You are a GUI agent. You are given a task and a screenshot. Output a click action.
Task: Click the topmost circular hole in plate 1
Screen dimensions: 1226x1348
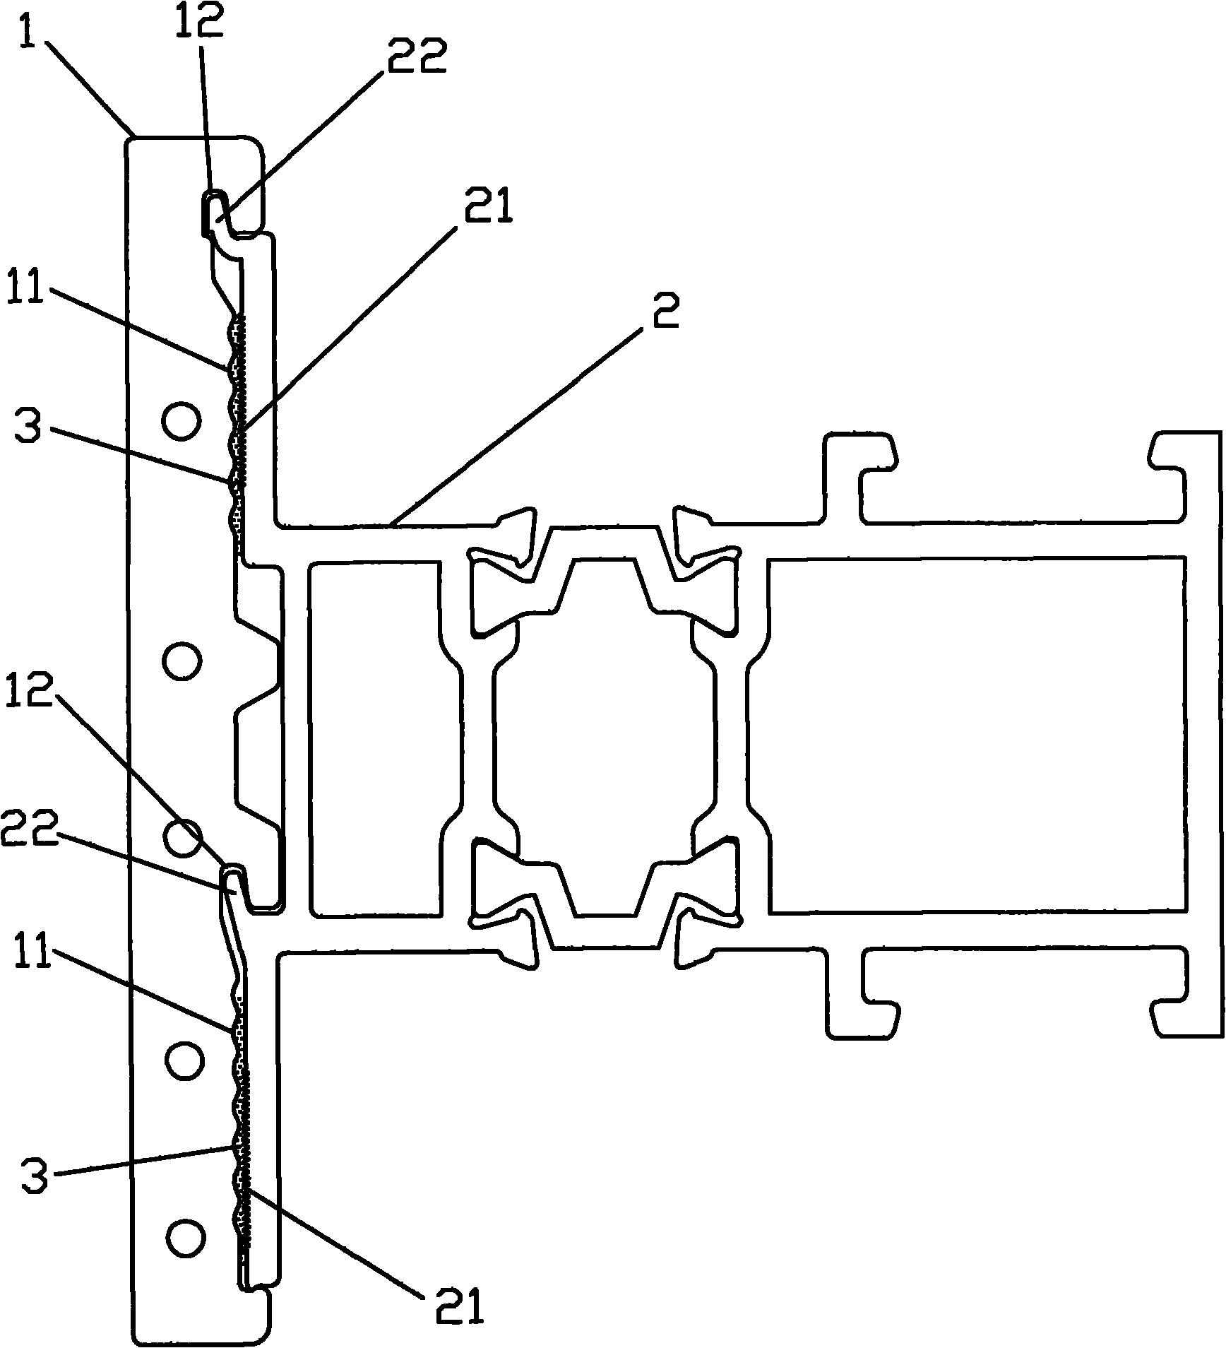pyautogui.click(x=181, y=421)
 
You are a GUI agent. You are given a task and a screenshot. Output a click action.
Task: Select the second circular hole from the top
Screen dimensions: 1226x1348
pyautogui.click(x=182, y=660)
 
